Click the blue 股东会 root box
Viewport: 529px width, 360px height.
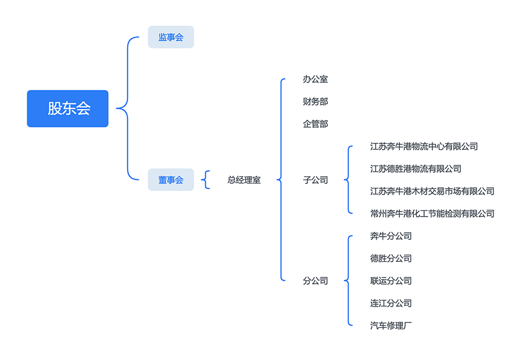click(x=68, y=108)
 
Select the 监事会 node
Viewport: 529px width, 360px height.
click(x=171, y=37)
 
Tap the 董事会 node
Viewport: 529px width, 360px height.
click(x=171, y=180)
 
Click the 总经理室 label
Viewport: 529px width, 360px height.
click(x=244, y=180)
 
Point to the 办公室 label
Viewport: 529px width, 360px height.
click(x=315, y=79)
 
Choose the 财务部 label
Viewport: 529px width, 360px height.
click(x=315, y=101)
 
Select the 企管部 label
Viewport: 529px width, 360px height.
click(x=315, y=124)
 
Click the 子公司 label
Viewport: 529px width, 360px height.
click(x=315, y=180)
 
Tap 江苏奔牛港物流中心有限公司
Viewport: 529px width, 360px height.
click(x=424, y=146)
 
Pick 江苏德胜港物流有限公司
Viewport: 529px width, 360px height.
click(x=415, y=169)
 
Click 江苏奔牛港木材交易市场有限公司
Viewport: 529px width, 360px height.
click(x=432, y=191)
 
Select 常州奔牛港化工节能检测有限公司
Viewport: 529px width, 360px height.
click(x=432, y=214)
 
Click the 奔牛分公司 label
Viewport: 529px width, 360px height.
click(x=391, y=236)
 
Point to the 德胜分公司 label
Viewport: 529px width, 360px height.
click(x=391, y=259)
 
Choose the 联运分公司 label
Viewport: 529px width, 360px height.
click(x=391, y=281)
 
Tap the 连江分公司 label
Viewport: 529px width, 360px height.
click(x=391, y=303)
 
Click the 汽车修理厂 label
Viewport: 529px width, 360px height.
click(x=391, y=326)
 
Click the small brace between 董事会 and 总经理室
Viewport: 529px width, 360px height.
click(x=205, y=180)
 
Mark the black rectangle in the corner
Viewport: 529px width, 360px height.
click(x=473, y=33)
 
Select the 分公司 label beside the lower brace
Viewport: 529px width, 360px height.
click(x=315, y=281)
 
